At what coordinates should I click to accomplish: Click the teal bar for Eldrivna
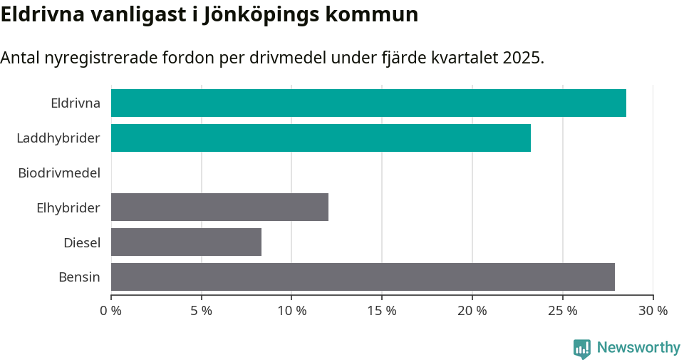click(x=368, y=103)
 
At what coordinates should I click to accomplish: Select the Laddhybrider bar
click(x=321, y=138)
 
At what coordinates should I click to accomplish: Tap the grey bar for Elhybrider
click(x=219, y=207)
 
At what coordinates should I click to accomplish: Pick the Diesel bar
click(x=186, y=242)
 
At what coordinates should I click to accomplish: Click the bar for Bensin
click(x=363, y=277)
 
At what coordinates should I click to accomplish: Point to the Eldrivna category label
click(x=76, y=103)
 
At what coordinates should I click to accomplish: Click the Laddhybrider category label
click(x=58, y=138)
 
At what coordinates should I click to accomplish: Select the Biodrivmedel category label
click(x=59, y=173)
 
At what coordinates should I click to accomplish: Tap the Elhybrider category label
click(x=68, y=207)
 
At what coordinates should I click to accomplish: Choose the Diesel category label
click(x=82, y=242)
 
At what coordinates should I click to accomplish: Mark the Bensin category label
click(x=79, y=277)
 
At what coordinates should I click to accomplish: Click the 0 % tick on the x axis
click(x=111, y=311)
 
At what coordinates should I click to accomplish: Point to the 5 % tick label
click(x=202, y=311)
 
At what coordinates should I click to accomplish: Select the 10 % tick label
click(x=291, y=311)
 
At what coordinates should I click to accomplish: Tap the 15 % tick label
click(x=382, y=311)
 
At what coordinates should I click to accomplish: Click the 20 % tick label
click(x=472, y=311)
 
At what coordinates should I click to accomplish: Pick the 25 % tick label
click(x=562, y=311)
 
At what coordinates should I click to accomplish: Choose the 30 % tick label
click(x=653, y=311)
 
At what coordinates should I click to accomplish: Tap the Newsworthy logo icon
click(x=582, y=348)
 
